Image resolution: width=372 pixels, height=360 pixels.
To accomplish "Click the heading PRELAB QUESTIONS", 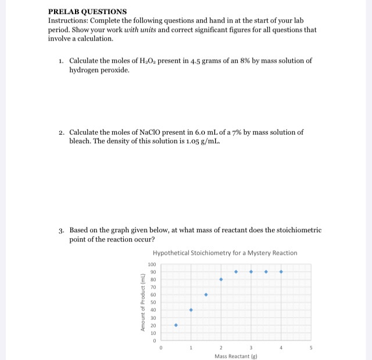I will tap(87, 12).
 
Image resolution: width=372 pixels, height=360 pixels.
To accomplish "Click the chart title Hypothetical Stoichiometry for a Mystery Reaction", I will tap(225, 253).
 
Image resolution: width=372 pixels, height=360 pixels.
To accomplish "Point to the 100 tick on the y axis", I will tap(152, 265).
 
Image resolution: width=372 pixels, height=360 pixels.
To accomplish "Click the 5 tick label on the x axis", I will tap(311, 347).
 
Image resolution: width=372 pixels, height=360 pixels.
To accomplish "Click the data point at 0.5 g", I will tap(176, 325).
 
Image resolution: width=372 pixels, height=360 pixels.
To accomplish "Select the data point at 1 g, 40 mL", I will tap(191, 310).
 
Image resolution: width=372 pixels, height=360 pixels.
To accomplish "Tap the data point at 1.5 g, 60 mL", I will tap(206, 295).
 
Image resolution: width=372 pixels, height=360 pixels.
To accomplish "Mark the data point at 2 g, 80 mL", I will tap(221, 280).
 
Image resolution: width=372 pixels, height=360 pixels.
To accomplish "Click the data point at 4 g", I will tap(281, 272).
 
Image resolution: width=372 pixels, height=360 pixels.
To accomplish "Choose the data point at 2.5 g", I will tap(236, 272).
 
